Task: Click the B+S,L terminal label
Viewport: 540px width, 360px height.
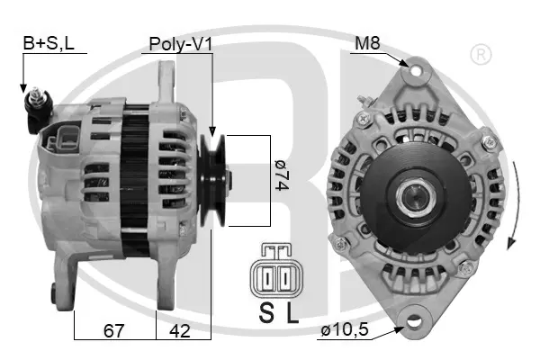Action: pos(49,43)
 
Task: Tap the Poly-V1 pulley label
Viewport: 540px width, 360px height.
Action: pos(181,44)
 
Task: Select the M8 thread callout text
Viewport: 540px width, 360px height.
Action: pos(367,43)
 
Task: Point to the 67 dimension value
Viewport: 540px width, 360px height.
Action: pos(114,330)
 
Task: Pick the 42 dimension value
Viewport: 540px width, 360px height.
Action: pos(180,330)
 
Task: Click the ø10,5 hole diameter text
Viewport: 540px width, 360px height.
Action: pos(345,330)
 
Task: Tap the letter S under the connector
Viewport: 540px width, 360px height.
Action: pos(266,313)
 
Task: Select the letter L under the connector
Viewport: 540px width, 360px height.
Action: pos(292,313)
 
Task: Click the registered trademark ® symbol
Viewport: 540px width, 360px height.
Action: pos(481,54)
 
